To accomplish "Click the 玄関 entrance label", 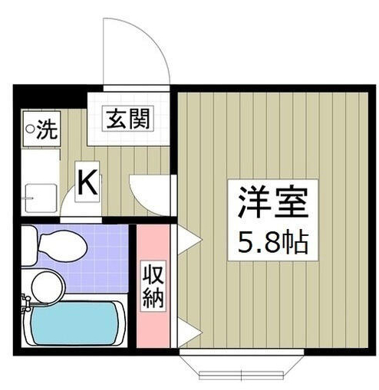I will [127, 119].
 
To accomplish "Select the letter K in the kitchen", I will [87, 182].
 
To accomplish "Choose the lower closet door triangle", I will [188, 332].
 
